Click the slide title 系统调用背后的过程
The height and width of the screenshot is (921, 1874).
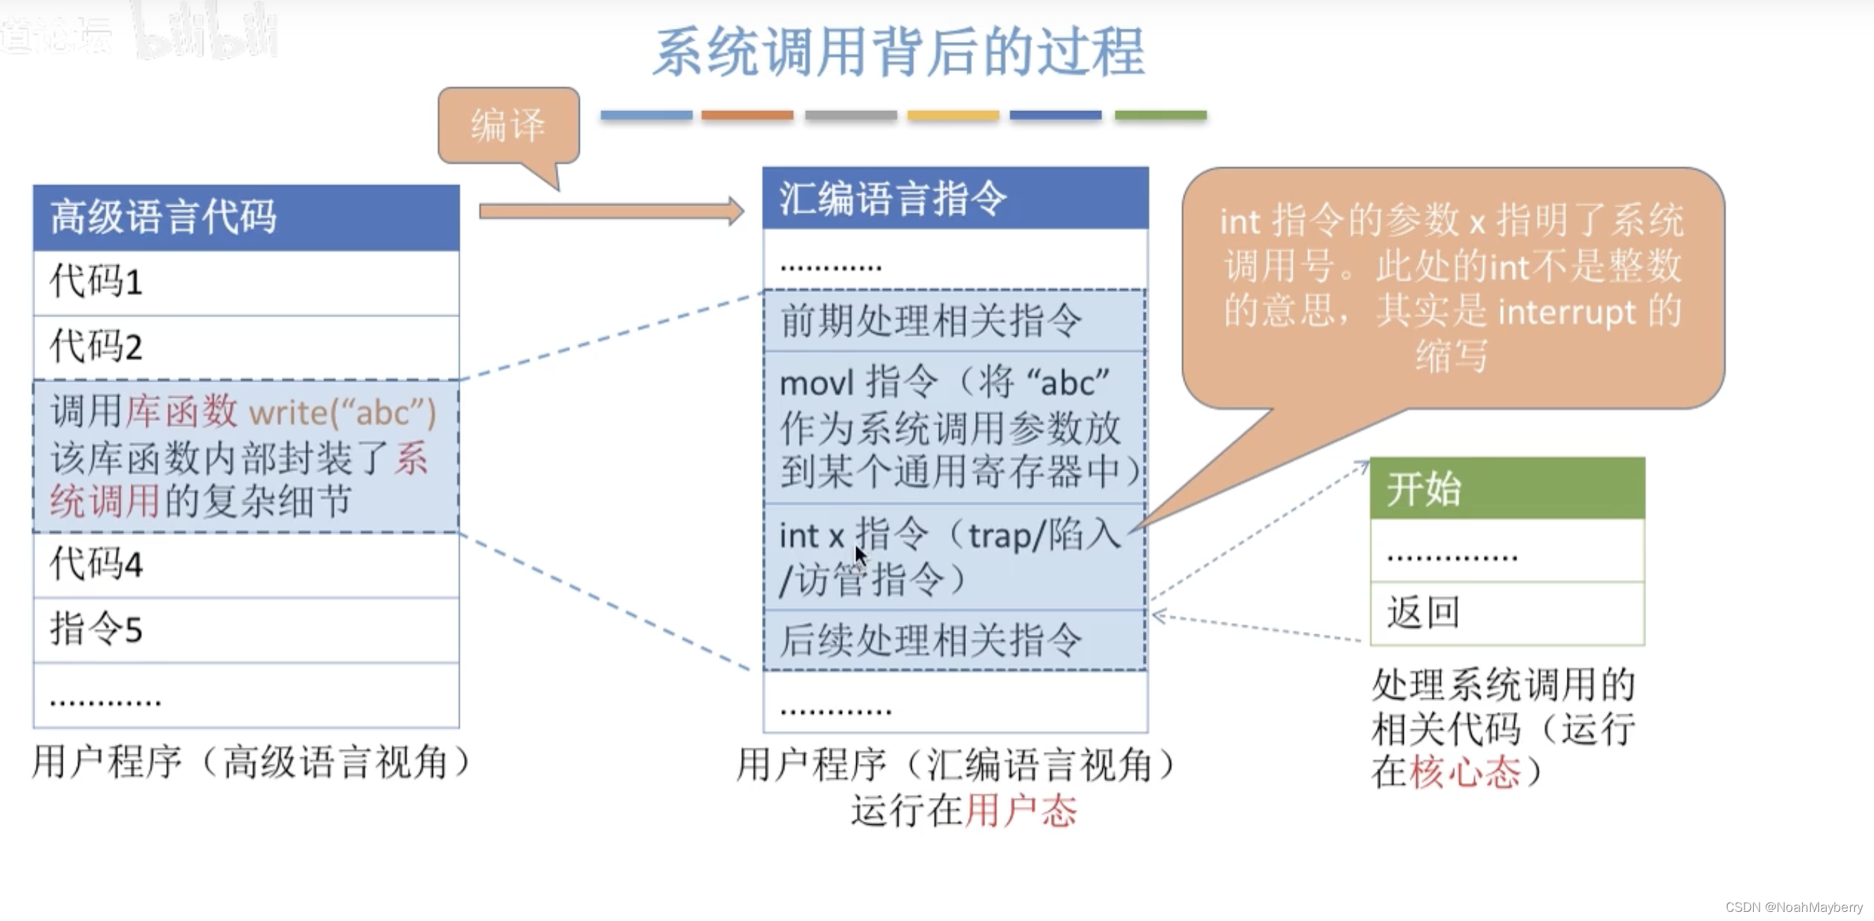point(898,53)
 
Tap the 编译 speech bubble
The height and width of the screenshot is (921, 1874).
point(508,125)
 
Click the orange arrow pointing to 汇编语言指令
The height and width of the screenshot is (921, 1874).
point(610,211)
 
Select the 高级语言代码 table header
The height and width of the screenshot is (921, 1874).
point(246,217)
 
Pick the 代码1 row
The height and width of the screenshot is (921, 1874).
point(246,282)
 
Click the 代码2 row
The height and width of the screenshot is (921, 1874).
point(246,347)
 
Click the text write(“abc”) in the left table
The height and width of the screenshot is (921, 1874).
point(342,413)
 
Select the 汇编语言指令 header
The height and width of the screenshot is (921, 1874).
point(955,198)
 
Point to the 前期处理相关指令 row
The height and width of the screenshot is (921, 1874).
point(955,321)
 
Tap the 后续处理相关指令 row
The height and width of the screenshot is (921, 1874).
point(955,640)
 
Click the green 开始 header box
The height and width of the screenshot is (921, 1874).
point(1506,488)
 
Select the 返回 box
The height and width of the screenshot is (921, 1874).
point(1506,612)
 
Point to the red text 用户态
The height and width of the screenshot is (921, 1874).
point(1021,811)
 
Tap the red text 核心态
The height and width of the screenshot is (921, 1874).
point(1464,773)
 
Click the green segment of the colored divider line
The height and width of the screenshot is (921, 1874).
point(1161,115)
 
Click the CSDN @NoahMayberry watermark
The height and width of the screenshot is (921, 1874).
point(1793,907)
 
